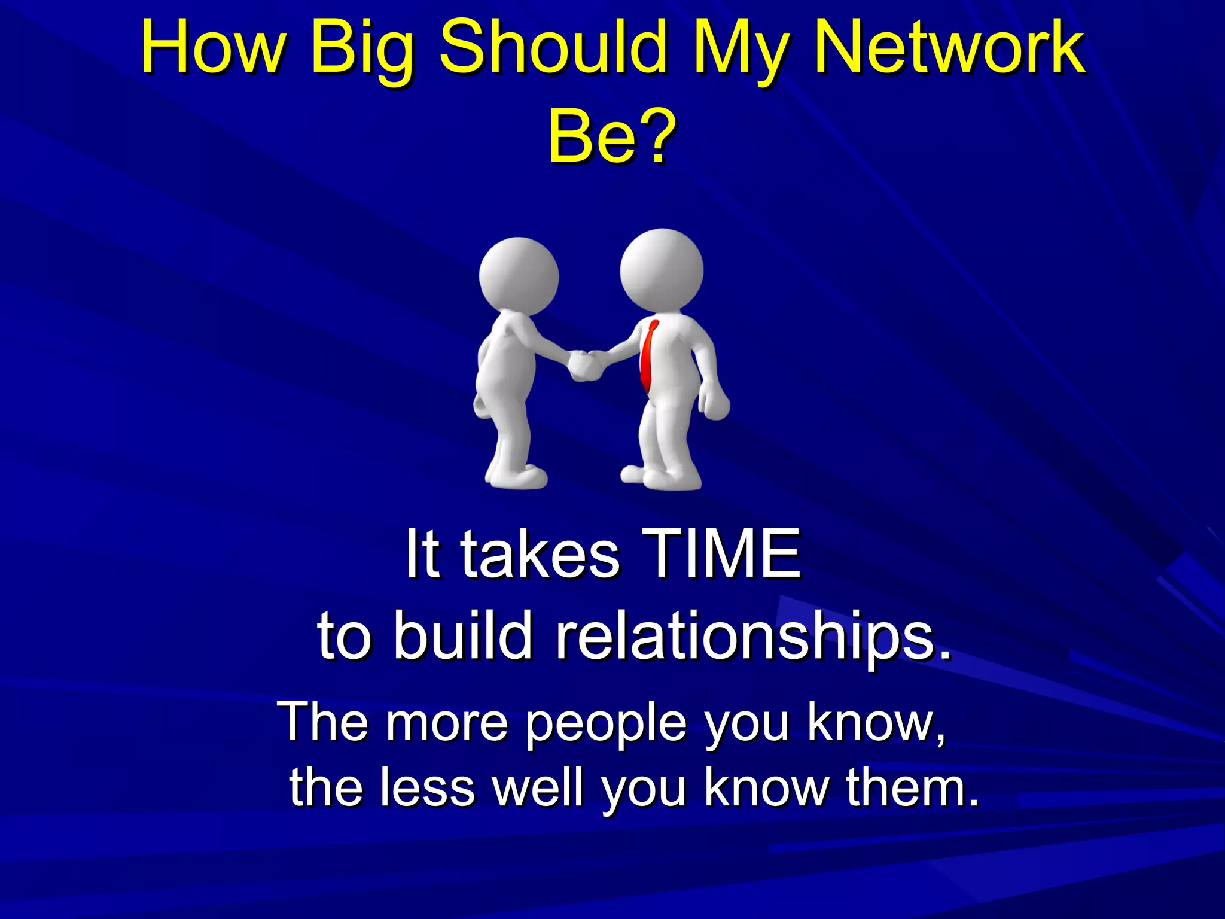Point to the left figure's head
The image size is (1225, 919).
[x=519, y=276]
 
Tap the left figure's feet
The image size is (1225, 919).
[x=517, y=477]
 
